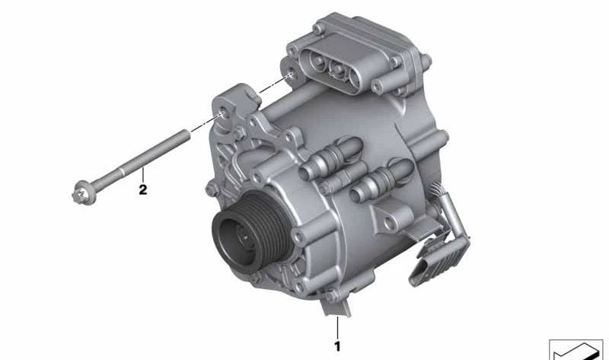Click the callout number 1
(337, 346)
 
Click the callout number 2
(143, 190)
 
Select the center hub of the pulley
(244, 235)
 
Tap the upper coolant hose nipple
(333, 158)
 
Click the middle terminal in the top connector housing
(337, 70)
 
